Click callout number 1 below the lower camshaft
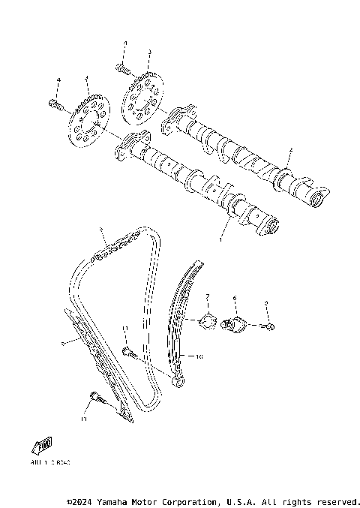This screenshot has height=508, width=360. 220,239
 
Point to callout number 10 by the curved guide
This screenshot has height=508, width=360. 199,357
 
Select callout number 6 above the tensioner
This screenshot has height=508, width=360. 234,298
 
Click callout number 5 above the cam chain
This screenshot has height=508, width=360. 100,229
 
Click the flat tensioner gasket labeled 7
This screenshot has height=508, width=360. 201,323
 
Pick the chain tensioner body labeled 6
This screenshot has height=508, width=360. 238,326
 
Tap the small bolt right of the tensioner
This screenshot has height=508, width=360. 269,326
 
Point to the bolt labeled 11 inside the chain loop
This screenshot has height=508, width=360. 127,351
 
